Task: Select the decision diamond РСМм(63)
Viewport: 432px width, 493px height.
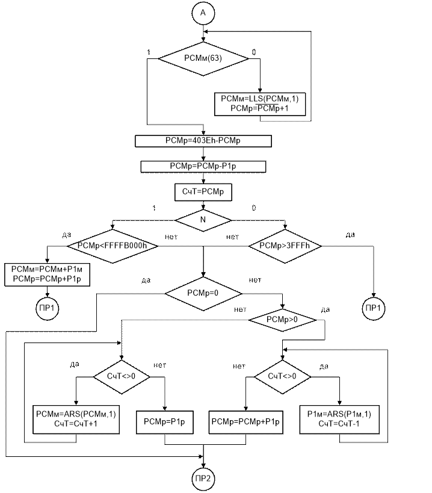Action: pos(202,58)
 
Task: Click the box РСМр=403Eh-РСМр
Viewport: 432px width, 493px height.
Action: pos(203,141)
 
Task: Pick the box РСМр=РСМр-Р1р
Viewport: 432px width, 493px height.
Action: pos(203,166)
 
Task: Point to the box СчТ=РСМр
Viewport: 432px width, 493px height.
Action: pos(203,192)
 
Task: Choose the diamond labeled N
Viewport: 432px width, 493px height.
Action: pos(203,220)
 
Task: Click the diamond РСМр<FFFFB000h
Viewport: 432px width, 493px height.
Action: pos(113,246)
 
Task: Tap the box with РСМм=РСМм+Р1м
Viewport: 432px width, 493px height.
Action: pos(48,275)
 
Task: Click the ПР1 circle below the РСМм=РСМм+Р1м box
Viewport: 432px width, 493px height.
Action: pos(48,308)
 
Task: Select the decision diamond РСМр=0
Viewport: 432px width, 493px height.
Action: pos(203,293)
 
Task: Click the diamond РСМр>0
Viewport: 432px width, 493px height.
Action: pos(283,319)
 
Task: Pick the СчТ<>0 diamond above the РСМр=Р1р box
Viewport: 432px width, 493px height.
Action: pos(122,376)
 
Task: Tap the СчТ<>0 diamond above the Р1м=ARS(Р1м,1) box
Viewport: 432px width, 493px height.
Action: pos(282,376)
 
